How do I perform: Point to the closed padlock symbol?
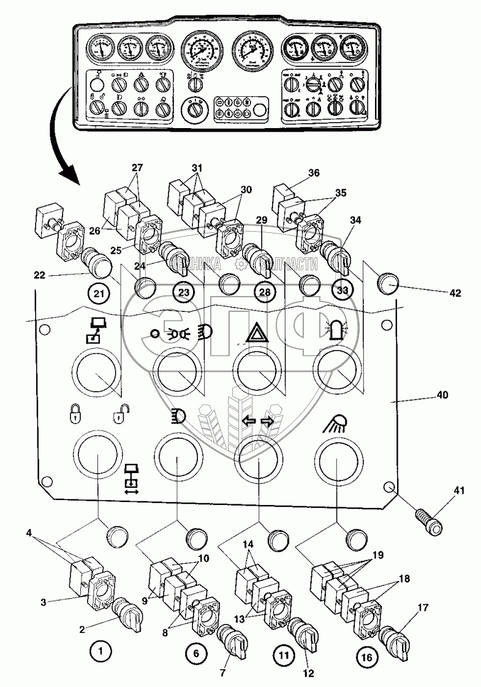pos(72,416)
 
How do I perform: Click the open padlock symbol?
pos(118,416)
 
